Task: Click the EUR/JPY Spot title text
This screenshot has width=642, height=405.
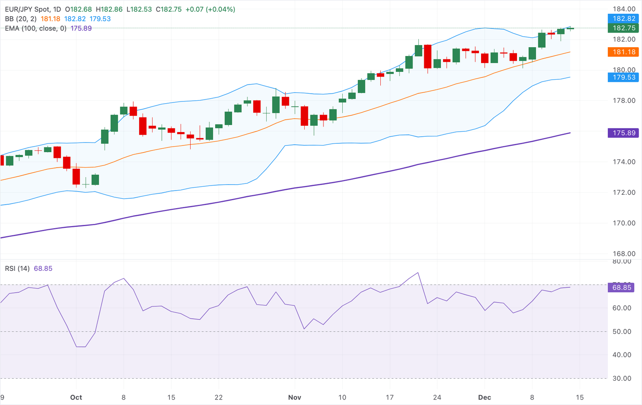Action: click(27, 9)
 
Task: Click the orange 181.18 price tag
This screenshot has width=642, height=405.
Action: click(624, 52)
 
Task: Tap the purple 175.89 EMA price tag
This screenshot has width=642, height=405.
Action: click(624, 133)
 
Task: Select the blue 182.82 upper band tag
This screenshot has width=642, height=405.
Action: click(624, 18)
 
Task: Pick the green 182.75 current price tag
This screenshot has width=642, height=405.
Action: click(624, 28)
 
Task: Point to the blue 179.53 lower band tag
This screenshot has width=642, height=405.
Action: click(624, 77)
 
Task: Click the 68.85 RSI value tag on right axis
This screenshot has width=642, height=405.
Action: click(622, 288)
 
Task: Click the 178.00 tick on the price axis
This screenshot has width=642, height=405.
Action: click(624, 101)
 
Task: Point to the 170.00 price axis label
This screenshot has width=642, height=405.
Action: click(624, 223)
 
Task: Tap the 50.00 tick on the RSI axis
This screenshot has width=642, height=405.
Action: click(622, 331)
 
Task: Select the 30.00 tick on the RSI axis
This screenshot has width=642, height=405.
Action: click(622, 378)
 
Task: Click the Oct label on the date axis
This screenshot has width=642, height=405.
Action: click(76, 397)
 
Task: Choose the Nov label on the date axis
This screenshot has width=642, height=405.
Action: click(295, 397)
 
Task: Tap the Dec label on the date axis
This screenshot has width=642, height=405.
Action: click(484, 397)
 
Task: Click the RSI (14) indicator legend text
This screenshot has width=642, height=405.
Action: click(17, 268)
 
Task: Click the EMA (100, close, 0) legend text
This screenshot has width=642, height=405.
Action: click(36, 28)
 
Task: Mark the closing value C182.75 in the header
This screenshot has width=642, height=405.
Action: click(168, 9)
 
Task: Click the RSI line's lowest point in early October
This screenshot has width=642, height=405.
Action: click(81, 346)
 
